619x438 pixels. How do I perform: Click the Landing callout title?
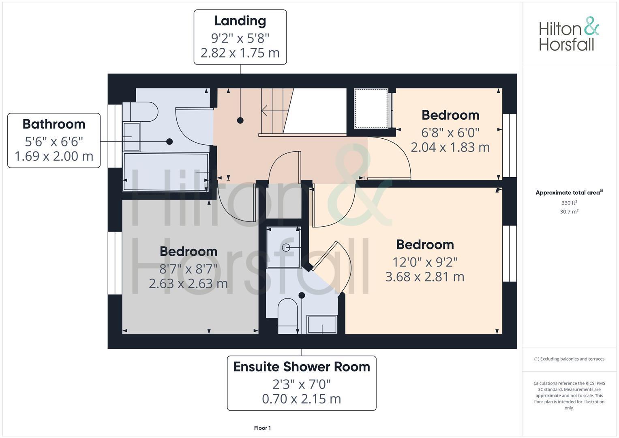240,21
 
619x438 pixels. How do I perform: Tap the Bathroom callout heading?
54,124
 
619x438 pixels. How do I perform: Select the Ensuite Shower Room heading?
302,367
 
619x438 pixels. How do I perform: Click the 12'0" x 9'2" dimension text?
425,262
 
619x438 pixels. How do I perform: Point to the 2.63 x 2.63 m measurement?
188,283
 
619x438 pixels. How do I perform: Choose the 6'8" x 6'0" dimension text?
450,132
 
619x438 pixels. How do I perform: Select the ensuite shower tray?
284,247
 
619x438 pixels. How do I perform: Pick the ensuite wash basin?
322,324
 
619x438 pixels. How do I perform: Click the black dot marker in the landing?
240,120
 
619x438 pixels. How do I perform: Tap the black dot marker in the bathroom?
169,142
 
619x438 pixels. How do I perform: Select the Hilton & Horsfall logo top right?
569,34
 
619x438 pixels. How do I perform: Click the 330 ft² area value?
569,203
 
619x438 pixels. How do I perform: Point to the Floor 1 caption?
262,428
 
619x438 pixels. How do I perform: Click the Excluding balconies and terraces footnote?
569,359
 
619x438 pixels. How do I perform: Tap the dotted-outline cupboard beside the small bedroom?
371,109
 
